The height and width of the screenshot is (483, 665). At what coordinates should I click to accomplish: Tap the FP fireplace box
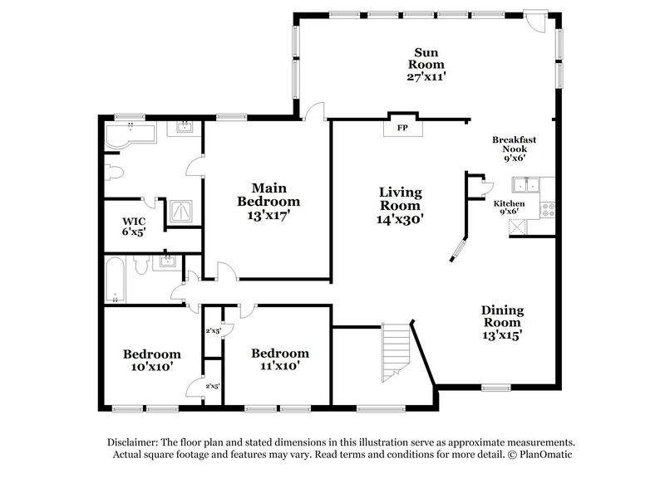(x=401, y=128)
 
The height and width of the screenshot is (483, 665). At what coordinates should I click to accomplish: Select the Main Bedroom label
(x=268, y=201)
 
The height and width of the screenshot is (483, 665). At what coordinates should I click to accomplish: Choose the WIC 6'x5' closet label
(x=135, y=227)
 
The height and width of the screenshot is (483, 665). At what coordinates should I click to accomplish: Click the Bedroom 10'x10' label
(x=152, y=359)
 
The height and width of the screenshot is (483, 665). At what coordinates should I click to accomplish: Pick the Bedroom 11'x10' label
(x=280, y=359)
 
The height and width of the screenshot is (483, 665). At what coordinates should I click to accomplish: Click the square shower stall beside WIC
(x=180, y=213)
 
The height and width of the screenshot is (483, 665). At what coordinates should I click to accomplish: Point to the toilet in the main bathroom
(x=114, y=173)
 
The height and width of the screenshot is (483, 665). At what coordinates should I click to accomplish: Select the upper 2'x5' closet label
(x=214, y=331)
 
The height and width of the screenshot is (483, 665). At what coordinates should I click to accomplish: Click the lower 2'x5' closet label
(x=214, y=386)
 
